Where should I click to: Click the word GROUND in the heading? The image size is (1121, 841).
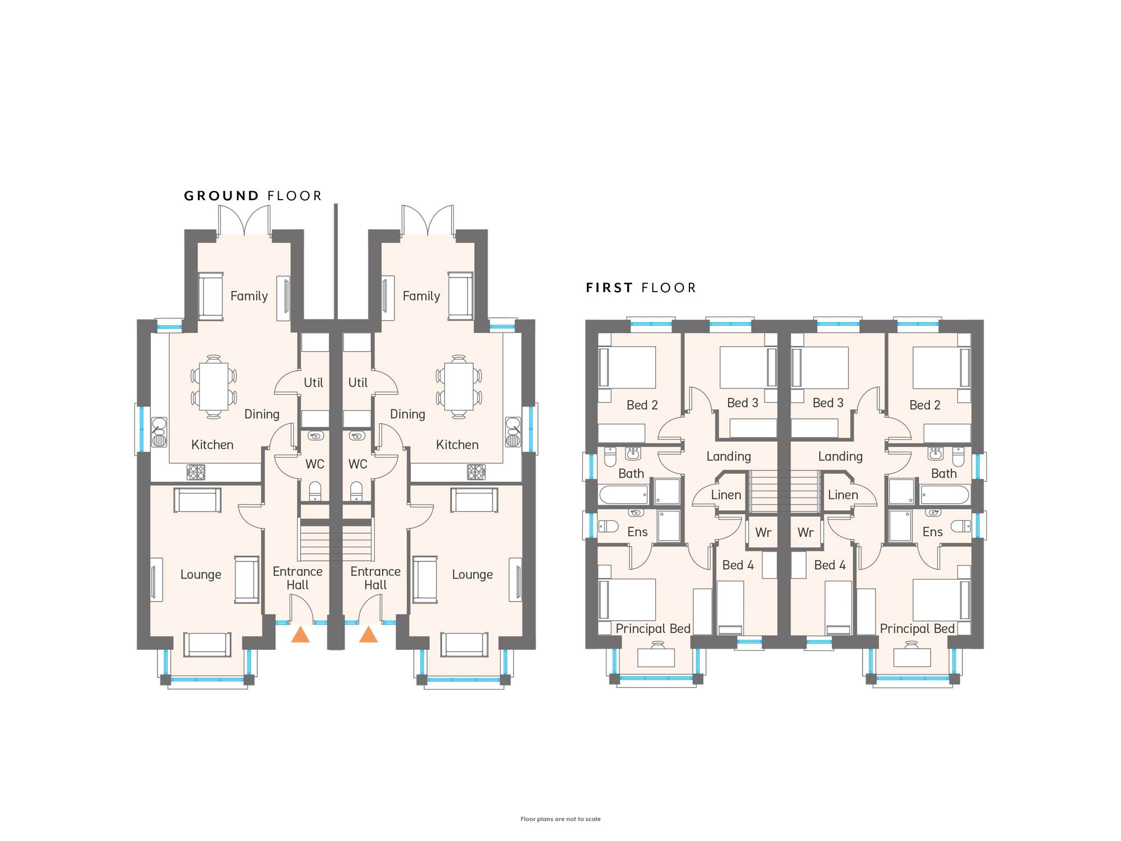coord(221,196)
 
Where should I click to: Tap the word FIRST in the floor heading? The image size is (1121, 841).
coord(609,288)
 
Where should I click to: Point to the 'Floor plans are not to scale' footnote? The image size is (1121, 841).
coord(560,819)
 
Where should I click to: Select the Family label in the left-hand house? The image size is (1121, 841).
coord(249,296)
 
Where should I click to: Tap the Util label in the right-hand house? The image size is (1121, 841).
coord(358,382)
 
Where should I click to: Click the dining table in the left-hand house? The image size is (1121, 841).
coord(213,387)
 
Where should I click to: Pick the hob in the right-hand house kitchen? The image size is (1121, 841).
coord(476,472)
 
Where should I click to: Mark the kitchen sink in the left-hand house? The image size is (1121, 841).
coord(159,432)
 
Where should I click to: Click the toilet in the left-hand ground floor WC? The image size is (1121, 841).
coord(315,491)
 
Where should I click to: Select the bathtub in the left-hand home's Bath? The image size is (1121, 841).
coord(624,495)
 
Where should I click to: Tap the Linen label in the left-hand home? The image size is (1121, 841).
coord(726,495)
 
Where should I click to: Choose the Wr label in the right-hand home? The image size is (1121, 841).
coord(805,533)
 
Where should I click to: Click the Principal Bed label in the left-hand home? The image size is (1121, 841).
coord(653,629)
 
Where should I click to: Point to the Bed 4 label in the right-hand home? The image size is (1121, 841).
coord(830,565)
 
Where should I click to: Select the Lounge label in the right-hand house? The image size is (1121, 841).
coord(473,575)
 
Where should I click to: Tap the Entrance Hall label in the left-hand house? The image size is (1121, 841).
coord(298,578)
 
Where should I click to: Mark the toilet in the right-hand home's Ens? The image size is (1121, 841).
coord(961,526)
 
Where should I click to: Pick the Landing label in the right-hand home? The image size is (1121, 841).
coord(840,456)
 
